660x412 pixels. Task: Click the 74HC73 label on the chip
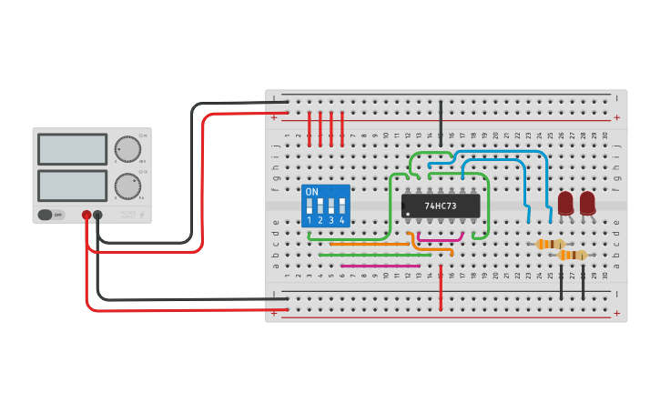(x=442, y=206)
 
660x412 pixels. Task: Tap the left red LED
(x=565, y=202)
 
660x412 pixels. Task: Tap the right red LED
(x=587, y=202)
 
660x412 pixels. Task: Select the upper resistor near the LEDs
(x=550, y=244)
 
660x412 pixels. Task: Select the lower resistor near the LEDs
(x=572, y=255)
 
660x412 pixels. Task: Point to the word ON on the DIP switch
(x=312, y=192)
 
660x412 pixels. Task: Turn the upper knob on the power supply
(x=127, y=148)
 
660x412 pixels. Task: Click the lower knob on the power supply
(x=127, y=186)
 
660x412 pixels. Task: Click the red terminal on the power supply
(x=86, y=216)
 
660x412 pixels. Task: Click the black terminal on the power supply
(x=97, y=216)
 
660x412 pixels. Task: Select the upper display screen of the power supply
(x=72, y=148)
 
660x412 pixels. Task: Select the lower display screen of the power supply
(x=72, y=186)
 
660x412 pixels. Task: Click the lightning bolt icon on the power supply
(x=141, y=216)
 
